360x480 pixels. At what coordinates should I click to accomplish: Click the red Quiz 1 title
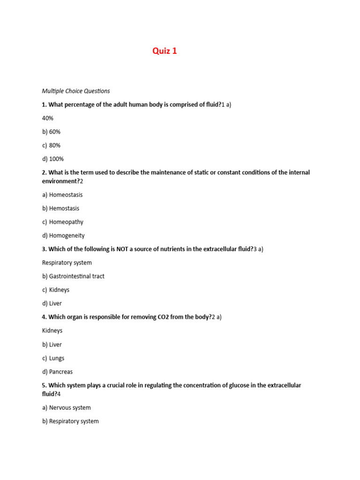click(165, 51)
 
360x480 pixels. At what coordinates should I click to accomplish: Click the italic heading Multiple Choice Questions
click(76, 91)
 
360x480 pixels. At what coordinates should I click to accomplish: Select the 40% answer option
click(48, 118)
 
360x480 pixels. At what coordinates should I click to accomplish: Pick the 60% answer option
click(52, 132)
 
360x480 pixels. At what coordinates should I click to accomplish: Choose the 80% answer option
click(52, 145)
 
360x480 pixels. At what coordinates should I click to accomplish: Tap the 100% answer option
click(53, 159)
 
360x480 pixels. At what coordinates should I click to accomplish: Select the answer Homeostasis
click(62, 195)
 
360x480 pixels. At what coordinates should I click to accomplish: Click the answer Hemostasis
click(61, 208)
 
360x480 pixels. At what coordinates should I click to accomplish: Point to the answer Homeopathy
click(63, 222)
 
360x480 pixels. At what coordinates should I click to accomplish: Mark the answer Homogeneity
click(63, 235)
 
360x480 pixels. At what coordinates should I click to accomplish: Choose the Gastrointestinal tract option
click(73, 276)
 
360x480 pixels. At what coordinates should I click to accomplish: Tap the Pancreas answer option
click(57, 372)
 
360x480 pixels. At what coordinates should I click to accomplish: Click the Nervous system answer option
click(67, 408)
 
